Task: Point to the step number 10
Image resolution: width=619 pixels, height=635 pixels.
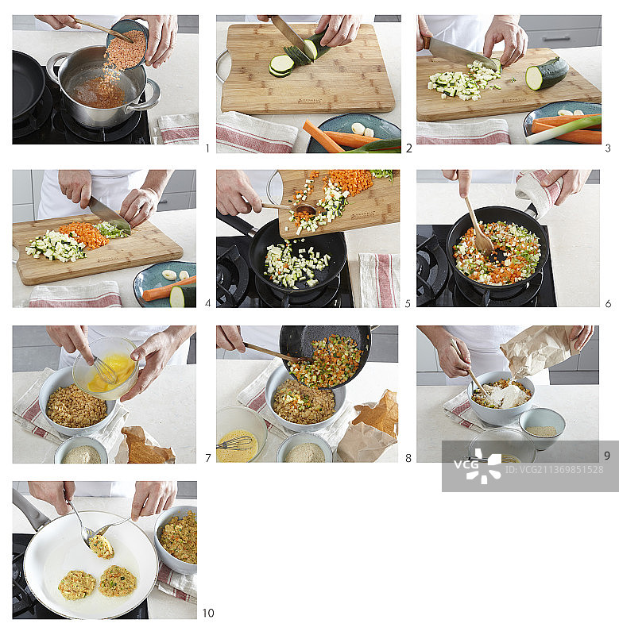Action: pyautogui.click(x=207, y=613)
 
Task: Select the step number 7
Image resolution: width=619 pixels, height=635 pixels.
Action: pyautogui.click(x=207, y=458)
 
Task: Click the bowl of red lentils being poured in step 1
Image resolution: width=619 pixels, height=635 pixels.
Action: pyautogui.click(x=126, y=48)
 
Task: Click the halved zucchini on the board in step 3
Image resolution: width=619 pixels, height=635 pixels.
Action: pyautogui.click(x=547, y=74)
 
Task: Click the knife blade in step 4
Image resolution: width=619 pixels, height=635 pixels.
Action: pyautogui.click(x=107, y=213)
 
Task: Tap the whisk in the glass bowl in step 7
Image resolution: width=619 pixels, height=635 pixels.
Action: pyautogui.click(x=106, y=369)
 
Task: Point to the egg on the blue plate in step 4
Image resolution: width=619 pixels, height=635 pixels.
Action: pyautogui.click(x=169, y=275)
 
